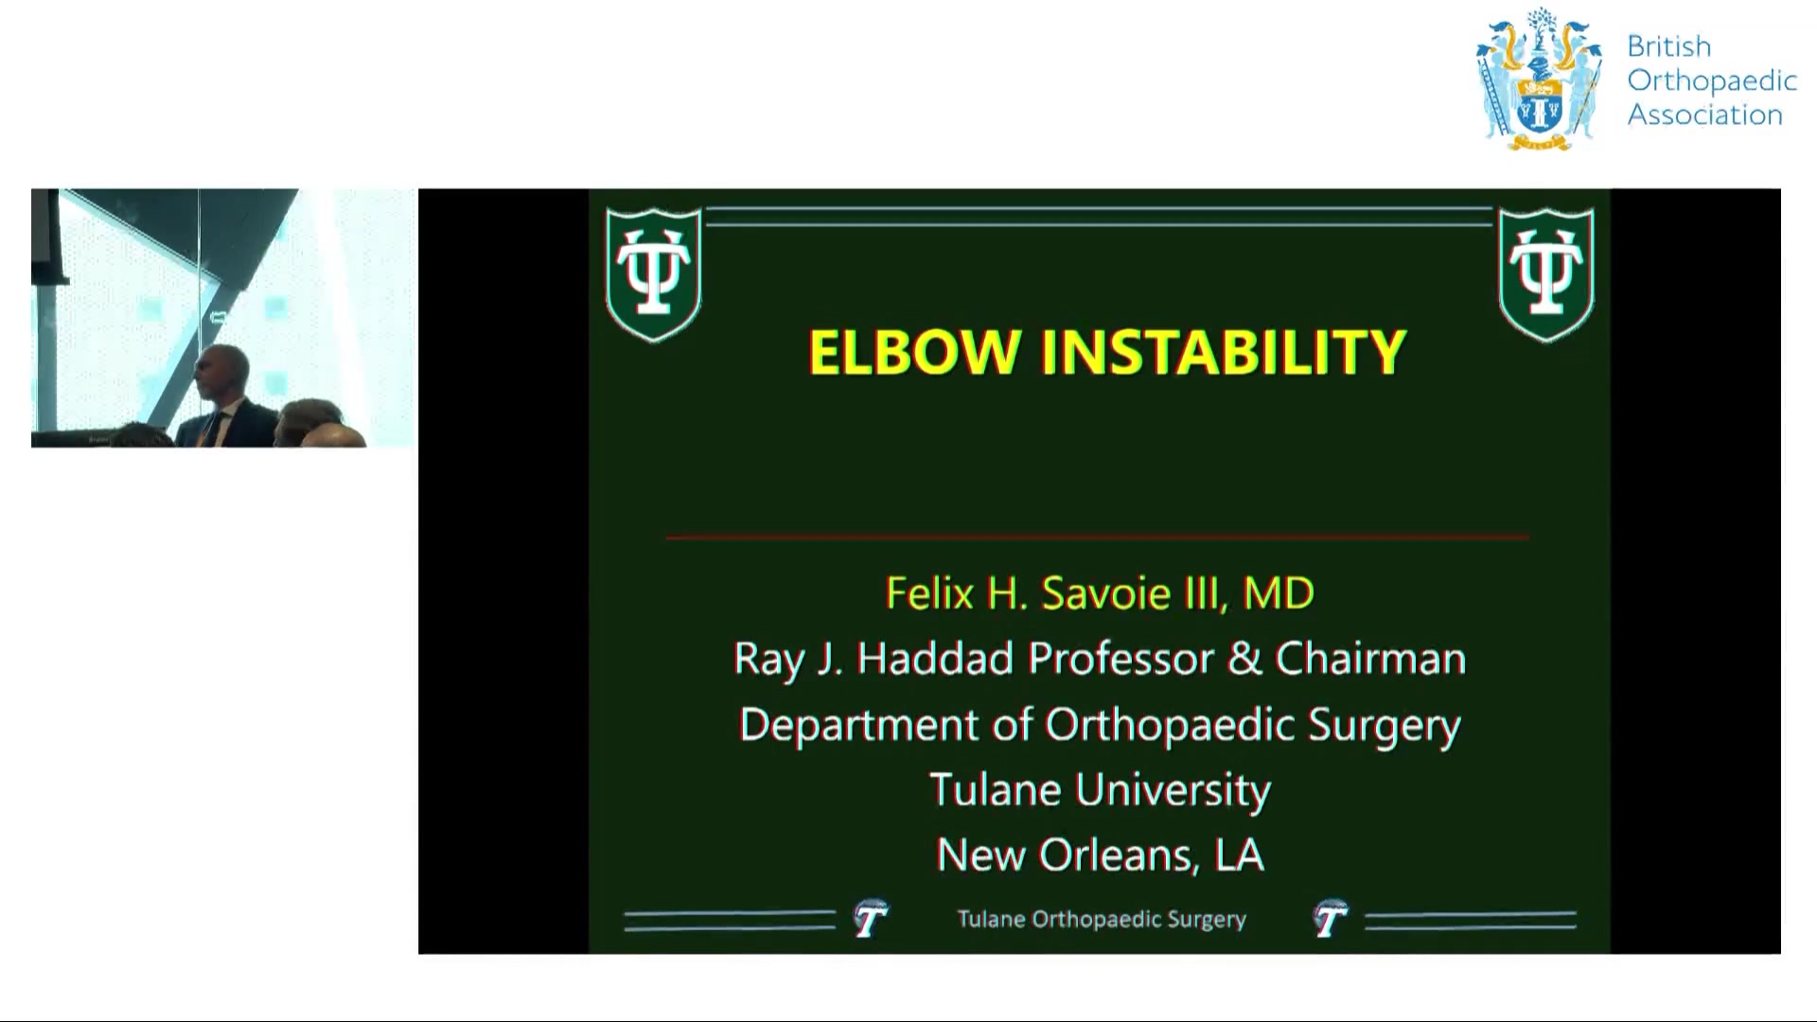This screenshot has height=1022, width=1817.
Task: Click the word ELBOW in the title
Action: (x=914, y=352)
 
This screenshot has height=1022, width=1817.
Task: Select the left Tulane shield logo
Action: (x=653, y=273)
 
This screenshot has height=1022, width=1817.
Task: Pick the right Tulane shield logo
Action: (x=1546, y=273)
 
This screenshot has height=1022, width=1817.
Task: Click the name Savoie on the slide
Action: (x=1106, y=593)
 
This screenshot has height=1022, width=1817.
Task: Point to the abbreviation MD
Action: (x=1279, y=593)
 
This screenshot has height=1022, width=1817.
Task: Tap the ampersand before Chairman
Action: (x=1244, y=659)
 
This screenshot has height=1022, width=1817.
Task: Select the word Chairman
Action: (x=1370, y=659)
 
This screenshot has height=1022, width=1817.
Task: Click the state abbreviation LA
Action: (x=1239, y=855)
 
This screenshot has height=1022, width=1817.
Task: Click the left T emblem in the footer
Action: (x=871, y=918)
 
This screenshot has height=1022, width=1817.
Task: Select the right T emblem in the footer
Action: (x=1331, y=918)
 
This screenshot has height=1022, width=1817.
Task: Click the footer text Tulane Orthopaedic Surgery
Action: (x=1102, y=919)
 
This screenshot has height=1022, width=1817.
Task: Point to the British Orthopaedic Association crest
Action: (x=1541, y=79)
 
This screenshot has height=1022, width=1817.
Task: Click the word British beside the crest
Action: (x=1669, y=46)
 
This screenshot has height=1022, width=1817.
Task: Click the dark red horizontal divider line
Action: (x=1098, y=537)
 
